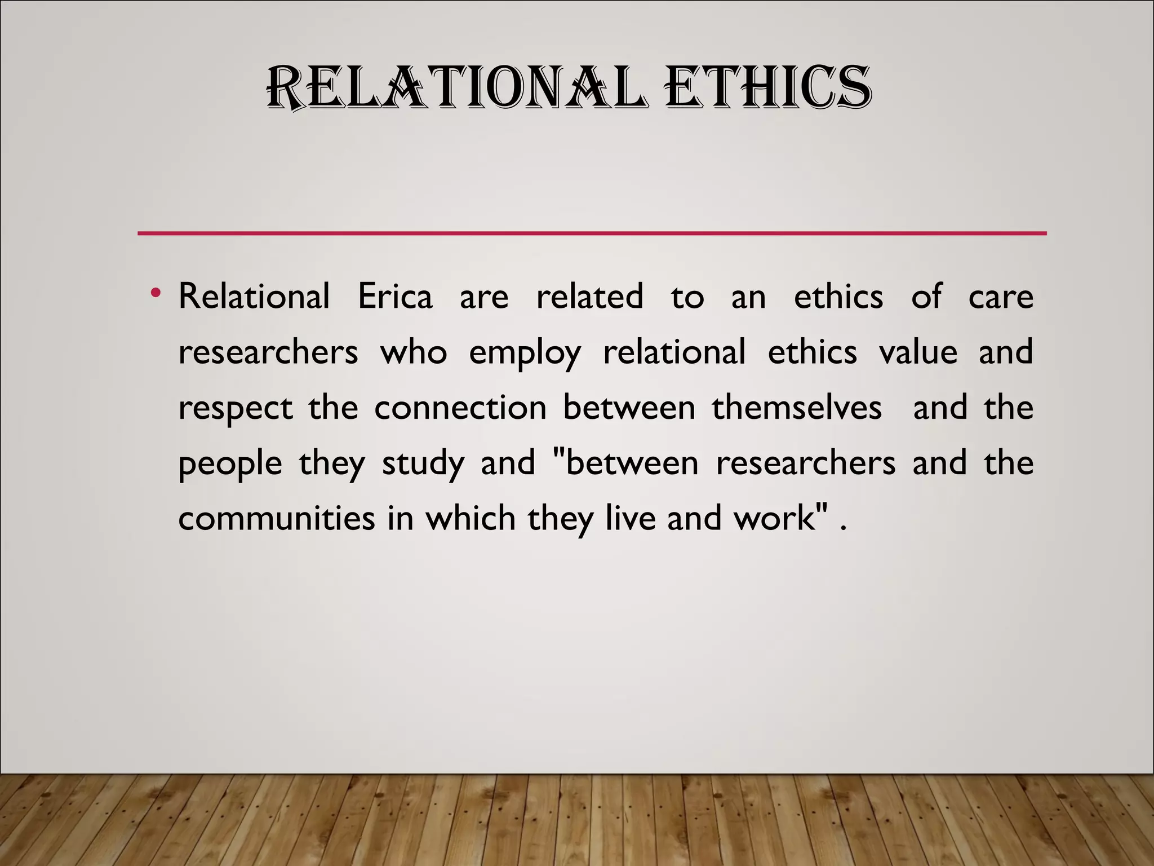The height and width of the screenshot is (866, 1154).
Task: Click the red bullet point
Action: coord(156,293)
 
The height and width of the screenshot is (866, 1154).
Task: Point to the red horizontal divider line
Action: coord(592,233)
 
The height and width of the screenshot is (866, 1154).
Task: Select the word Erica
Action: coord(395,296)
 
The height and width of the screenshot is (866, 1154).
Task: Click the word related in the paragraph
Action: coord(589,296)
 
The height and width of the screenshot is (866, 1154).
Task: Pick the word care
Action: coord(1001,296)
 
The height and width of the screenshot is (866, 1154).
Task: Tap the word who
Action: coord(414,352)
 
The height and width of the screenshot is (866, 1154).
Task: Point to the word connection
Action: coord(460,407)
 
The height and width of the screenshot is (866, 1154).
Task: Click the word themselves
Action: coord(797,407)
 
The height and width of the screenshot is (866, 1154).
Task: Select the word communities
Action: coord(276,518)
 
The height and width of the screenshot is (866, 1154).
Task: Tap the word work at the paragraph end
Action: coord(775,518)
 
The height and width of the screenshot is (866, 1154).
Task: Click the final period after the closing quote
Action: coord(843,529)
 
